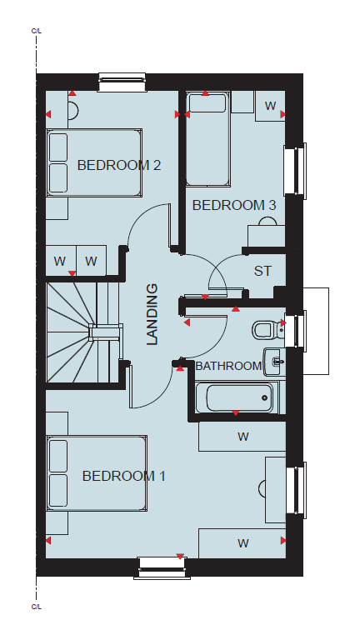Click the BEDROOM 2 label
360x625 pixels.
[x=119, y=165]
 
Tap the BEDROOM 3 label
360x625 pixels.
[x=234, y=205]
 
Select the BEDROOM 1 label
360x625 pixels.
[x=123, y=476]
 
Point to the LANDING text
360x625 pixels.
[x=152, y=314]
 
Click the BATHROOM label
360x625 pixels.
[x=228, y=366]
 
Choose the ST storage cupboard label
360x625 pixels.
[x=262, y=271]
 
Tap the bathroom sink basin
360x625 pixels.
[x=274, y=362]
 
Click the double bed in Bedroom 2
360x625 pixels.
[x=94, y=162]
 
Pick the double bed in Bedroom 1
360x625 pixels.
[x=96, y=473]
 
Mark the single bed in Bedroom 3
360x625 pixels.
[x=208, y=138]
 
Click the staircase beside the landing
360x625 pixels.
[x=84, y=332]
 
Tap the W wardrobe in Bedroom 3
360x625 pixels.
[x=270, y=106]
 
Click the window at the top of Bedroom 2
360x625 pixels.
[x=122, y=82]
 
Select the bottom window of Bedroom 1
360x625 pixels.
[x=162, y=567]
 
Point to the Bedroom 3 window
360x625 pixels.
[x=295, y=171]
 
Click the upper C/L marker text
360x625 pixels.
[x=37, y=30]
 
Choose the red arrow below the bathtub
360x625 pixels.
[x=236, y=413]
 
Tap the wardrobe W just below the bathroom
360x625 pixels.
[x=242, y=437]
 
